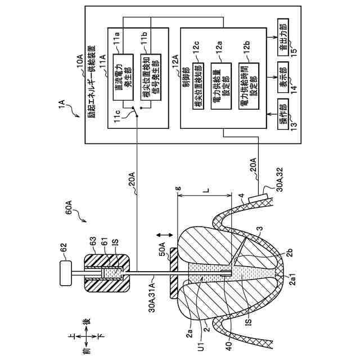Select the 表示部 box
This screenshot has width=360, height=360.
click(x=285, y=73)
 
